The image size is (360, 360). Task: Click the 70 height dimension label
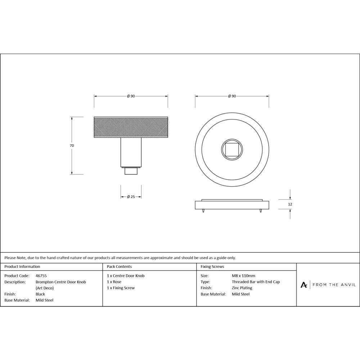click(x=72, y=146)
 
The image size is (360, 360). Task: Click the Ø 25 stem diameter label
click(x=131, y=197)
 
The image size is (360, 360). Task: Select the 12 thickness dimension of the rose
click(x=290, y=204)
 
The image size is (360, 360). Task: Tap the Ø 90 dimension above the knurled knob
click(x=131, y=96)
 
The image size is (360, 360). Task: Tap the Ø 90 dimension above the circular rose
click(x=232, y=96)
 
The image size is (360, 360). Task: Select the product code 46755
click(x=41, y=276)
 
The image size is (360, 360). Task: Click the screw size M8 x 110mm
click(x=243, y=276)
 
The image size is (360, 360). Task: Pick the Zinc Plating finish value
click(x=242, y=288)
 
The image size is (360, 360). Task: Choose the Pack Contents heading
click(x=119, y=267)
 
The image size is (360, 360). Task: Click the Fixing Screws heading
click(x=212, y=267)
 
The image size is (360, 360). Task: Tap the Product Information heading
click(x=22, y=267)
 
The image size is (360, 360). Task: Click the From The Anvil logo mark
click(x=304, y=285)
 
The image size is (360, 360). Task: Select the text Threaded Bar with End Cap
click(x=256, y=282)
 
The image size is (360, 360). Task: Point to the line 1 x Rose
click(x=114, y=282)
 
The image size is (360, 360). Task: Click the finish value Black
click(x=40, y=294)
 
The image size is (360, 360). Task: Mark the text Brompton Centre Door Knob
click(x=61, y=282)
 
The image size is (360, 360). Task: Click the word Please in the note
click(x=10, y=258)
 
